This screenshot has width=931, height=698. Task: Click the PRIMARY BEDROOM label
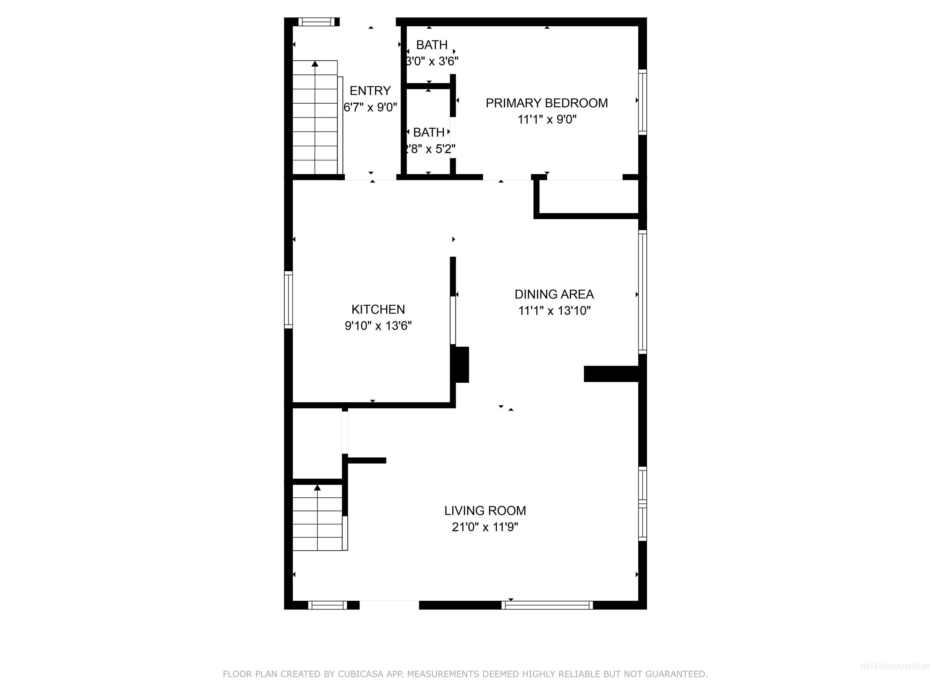point(546,103)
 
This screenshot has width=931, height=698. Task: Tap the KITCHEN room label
point(378,309)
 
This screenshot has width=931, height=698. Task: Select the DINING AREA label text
point(554,294)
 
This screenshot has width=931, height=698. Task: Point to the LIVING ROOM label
point(485,510)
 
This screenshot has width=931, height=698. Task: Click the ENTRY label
point(370,91)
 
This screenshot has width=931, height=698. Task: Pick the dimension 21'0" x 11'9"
point(485,527)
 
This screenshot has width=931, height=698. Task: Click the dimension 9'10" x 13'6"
point(378,326)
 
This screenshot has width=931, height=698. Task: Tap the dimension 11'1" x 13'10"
point(554,311)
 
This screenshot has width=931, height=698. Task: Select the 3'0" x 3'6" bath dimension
point(432,61)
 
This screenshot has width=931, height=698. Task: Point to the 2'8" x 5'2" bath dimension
point(429,149)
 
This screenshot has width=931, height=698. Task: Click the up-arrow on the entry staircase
point(315,64)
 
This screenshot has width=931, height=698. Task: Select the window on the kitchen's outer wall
point(288,300)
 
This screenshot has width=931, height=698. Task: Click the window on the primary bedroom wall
point(642,102)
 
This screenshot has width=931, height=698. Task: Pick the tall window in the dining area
point(642,292)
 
